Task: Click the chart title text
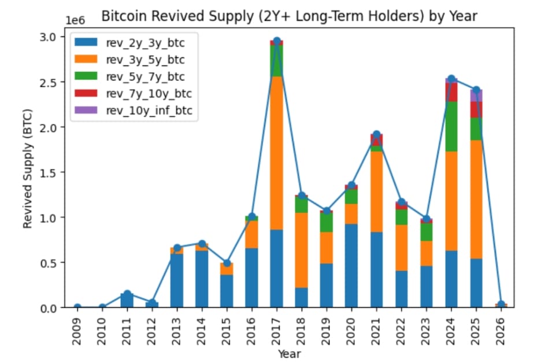(x=289, y=16)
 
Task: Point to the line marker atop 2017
(x=276, y=41)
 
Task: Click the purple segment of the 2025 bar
(x=476, y=95)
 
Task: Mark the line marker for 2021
(x=376, y=134)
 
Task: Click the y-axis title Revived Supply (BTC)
(x=28, y=168)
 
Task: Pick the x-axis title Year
(x=288, y=354)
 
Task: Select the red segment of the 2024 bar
(x=451, y=92)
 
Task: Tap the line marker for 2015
(x=227, y=263)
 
